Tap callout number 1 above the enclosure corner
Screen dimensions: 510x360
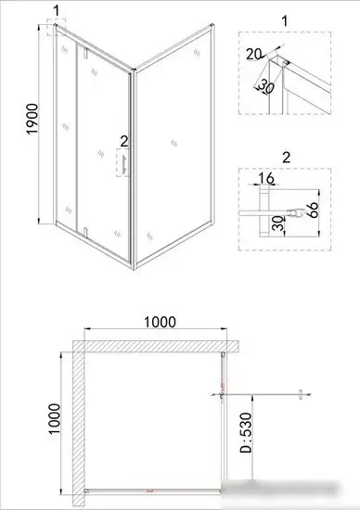(58, 11)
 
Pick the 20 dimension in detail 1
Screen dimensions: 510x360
(254, 55)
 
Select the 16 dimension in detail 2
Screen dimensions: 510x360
(265, 178)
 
